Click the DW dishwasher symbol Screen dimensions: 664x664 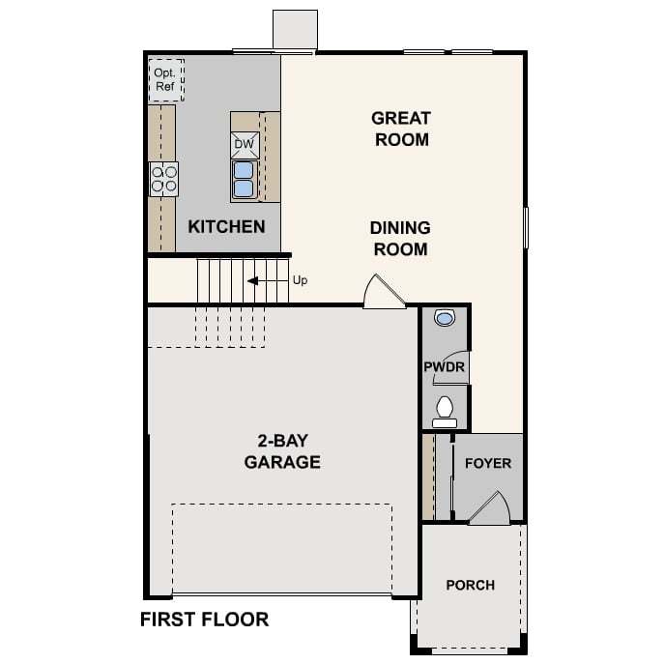[245, 145]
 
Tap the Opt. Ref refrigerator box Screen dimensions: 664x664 [165, 80]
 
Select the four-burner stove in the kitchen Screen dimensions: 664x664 [164, 179]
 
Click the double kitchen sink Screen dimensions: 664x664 [244, 179]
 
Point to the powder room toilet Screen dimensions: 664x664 [445, 412]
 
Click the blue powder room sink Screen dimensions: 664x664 [445, 317]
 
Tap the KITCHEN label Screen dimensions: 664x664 [226, 226]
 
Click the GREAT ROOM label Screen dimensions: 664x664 [401, 129]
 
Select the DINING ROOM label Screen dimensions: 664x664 [400, 239]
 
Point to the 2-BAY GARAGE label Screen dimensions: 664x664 [282, 451]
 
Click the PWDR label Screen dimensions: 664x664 [445, 366]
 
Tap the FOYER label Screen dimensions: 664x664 [488, 463]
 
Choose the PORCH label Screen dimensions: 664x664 [471, 586]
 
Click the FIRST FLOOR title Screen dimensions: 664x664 [205, 620]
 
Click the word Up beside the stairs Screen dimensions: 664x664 [301, 280]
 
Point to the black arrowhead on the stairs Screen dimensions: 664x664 [253, 280]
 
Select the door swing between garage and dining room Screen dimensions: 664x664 [384, 291]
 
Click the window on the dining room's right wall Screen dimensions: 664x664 [526, 227]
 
